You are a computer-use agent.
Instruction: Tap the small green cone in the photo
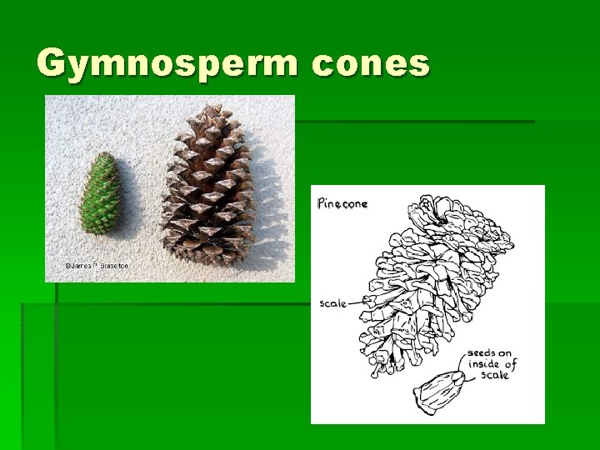[x=100, y=192]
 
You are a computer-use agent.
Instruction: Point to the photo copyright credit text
[x=97, y=265]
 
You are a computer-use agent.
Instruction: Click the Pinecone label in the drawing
[x=342, y=202]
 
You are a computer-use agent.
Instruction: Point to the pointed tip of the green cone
[x=105, y=155]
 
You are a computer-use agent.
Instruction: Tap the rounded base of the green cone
[x=96, y=229]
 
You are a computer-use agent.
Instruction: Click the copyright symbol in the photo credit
[x=68, y=265]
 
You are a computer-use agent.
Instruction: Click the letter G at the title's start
[x=52, y=64]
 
